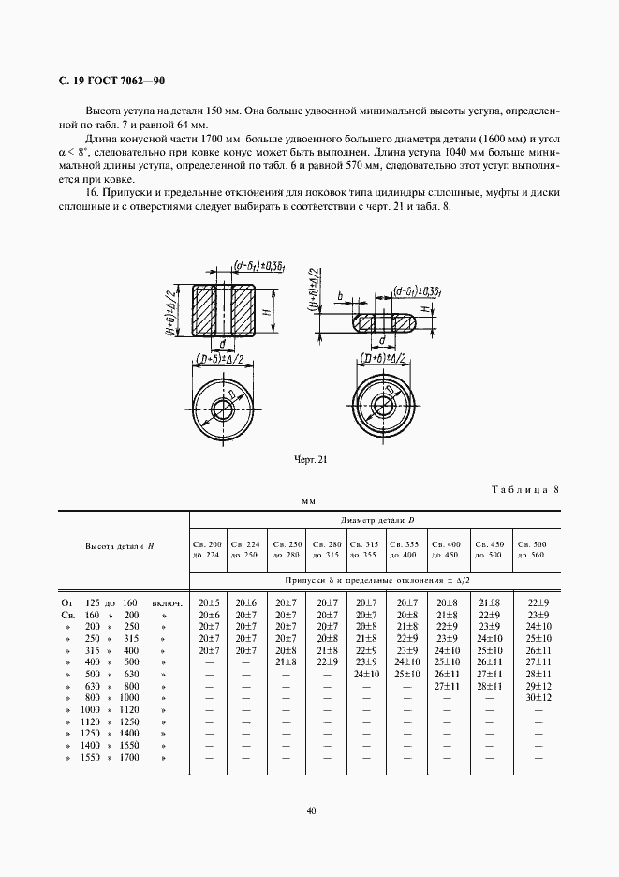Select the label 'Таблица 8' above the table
(x=524, y=489)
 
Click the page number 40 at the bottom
(x=310, y=811)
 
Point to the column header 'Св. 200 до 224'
(x=207, y=549)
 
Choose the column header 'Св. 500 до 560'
(x=538, y=549)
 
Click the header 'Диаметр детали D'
(x=373, y=519)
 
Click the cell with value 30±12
(x=538, y=697)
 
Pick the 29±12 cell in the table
(x=538, y=685)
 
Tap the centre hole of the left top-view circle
(x=225, y=409)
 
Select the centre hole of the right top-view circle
(x=384, y=405)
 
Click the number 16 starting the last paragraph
(x=91, y=193)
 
